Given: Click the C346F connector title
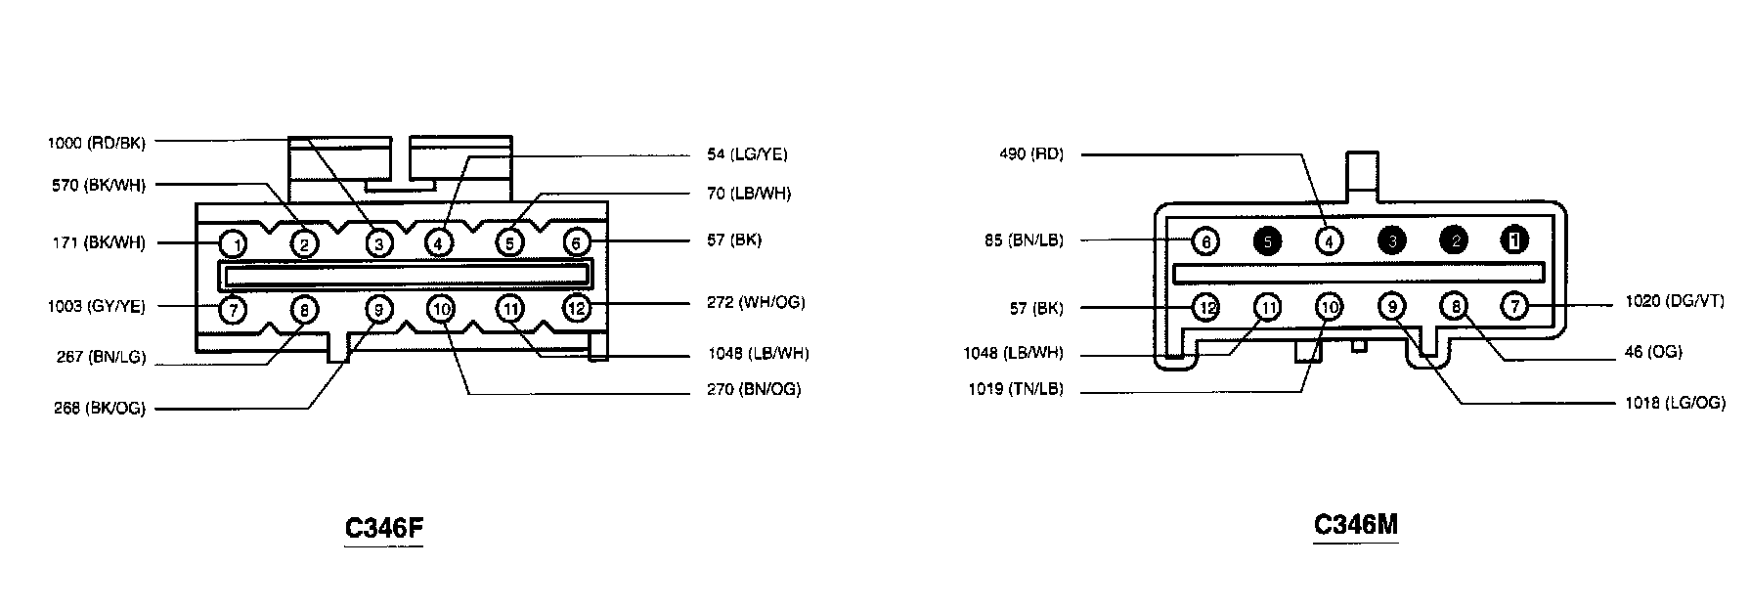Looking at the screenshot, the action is pyautogui.click(x=384, y=528).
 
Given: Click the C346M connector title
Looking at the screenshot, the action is pyautogui.click(x=1355, y=525).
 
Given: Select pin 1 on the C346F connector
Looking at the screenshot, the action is pyautogui.click(x=233, y=242).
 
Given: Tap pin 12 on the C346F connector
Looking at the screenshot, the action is pyautogui.click(x=576, y=309).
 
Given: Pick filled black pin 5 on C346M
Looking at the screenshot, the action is pyautogui.click(x=1267, y=240).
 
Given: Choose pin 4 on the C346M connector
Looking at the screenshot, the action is pyautogui.click(x=1329, y=240).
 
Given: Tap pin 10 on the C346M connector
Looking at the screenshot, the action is pyautogui.click(x=1329, y=308).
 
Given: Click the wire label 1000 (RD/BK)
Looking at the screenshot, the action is pyautogui.click(x=97, y=143).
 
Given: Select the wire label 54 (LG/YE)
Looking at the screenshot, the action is pyautogui.click(x=747, y=154).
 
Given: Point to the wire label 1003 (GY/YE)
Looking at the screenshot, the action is pyautogui.click(x=97, y=307).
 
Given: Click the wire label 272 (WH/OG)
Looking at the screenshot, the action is pyautogui.click(x=756, y=302).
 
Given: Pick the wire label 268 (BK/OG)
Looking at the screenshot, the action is pyautogui.click(x=100, y=409).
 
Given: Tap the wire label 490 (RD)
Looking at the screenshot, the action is pyautogui.click(x=1031, y=154).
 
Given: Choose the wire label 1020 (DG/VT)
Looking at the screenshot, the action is pyautogui.click(x=1675, y=302).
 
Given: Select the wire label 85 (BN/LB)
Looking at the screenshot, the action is pyautogui.click(x=1024, y=240).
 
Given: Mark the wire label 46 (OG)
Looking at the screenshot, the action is pyautogui.click(x=1653, y=352).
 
